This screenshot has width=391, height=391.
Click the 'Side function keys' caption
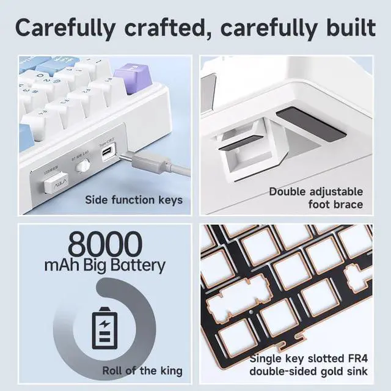134,200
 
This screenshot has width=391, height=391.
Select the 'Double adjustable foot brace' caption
316,198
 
